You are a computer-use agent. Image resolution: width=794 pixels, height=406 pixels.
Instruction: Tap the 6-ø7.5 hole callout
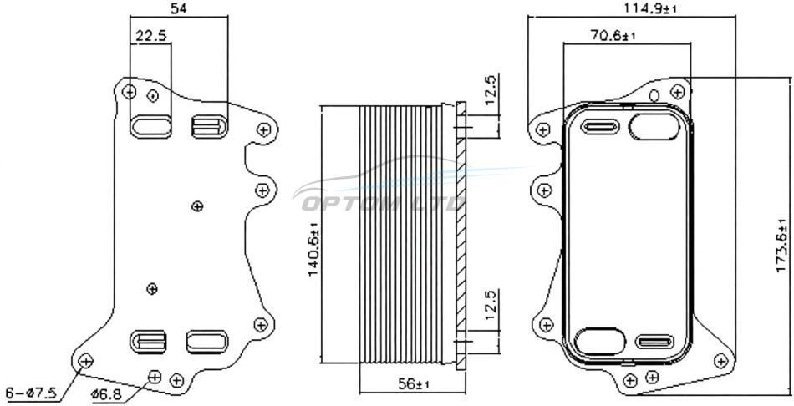coord(31,393)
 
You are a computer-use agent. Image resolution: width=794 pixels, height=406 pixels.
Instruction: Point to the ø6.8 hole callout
coord(106,394)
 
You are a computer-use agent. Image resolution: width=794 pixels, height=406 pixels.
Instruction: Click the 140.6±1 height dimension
coord(313,249)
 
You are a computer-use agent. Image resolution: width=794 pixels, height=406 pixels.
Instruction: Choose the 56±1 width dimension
coord(413,384)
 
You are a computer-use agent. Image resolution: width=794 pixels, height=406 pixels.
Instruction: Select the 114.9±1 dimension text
coord(649,8)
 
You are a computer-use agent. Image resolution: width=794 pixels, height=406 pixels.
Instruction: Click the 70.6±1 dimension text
coord(613,35)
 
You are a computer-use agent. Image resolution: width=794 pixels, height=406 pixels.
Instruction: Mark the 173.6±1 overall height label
coord(781,245)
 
